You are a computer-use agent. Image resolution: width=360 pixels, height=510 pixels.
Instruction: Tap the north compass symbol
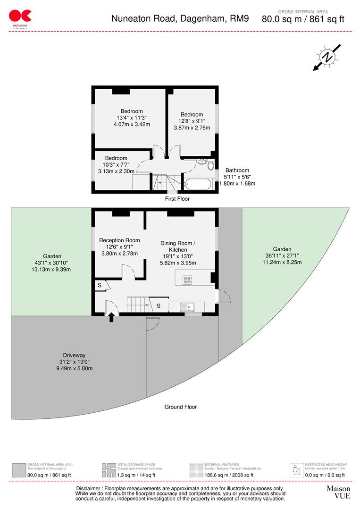pos(327,57)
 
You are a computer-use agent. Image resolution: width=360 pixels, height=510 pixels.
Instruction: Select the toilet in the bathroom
pos(210,165)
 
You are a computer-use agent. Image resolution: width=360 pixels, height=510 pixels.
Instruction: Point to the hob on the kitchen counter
pos(187,280)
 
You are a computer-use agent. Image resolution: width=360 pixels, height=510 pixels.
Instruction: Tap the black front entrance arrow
pos(111,318)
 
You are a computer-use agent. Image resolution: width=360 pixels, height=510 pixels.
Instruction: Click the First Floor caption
pos(177,199)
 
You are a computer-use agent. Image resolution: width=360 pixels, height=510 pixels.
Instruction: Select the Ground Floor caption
pos(180,407)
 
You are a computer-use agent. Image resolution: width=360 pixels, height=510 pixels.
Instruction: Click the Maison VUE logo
pos(338,492)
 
